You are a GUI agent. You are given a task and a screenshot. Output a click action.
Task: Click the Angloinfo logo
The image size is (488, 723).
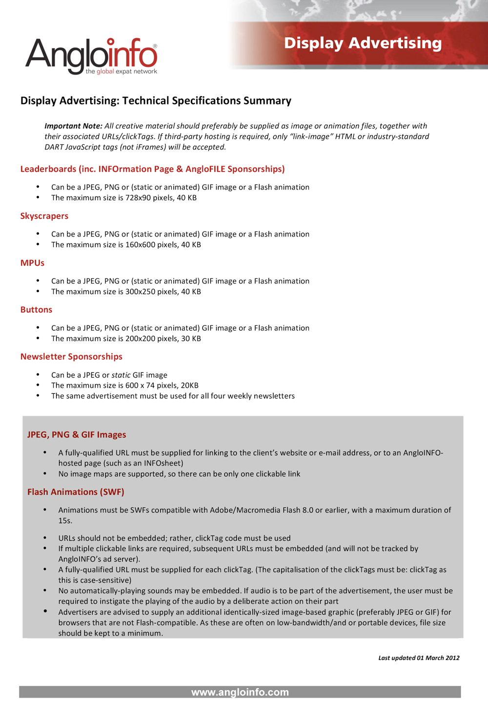(91, 55)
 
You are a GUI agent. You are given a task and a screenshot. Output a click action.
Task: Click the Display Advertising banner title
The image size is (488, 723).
(363, 43)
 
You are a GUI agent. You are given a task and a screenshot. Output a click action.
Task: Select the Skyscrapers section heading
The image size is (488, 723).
(44, 216)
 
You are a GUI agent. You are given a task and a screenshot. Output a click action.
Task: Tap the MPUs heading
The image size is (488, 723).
(32, 263)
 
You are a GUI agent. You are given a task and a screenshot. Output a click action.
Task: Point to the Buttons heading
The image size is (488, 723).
(36, 310)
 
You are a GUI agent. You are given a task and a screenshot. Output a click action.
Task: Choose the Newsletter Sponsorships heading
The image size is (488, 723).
(71, 357)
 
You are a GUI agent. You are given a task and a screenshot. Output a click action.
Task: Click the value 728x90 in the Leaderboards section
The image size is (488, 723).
(139, 198)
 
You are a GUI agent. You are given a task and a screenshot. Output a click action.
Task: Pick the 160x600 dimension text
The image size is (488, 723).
(141, 245)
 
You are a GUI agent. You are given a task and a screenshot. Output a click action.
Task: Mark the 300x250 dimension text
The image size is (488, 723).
(141, 292)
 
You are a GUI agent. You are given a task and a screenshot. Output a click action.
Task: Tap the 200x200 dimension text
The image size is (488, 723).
(141, 339)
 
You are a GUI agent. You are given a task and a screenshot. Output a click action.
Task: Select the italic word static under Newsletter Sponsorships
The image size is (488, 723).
(121, 375)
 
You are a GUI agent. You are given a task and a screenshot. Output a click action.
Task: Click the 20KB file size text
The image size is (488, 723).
(189, 385)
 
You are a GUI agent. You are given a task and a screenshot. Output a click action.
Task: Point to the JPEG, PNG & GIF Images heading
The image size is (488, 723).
(77, 435)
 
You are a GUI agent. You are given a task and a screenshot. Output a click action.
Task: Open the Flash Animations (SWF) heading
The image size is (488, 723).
(76, 492)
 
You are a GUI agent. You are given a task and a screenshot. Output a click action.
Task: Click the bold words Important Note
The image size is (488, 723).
(73, 126)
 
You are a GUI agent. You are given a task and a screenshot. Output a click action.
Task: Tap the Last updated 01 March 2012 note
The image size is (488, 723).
(419, 658)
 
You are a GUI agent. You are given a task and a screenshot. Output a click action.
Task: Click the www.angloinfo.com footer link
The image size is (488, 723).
(240, 692)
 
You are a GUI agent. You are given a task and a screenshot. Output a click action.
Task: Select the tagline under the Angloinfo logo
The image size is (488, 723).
(121, 72)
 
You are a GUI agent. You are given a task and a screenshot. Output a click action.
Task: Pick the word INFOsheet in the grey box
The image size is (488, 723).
(163, 463)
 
